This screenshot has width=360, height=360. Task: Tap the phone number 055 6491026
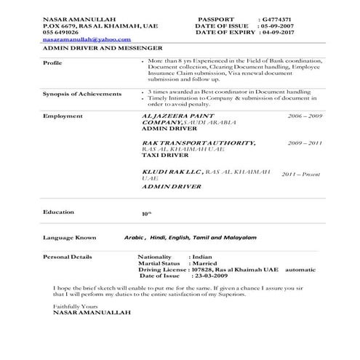[61, 32]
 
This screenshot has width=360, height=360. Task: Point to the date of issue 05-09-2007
[277, 26]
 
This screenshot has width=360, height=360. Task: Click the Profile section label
[52, 63]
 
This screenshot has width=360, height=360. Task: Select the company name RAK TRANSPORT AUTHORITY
[188, 143]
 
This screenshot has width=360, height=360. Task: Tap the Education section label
[58, 212]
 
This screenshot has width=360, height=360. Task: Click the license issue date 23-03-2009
[212, 276]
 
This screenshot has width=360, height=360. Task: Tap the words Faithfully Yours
[74, 306]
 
